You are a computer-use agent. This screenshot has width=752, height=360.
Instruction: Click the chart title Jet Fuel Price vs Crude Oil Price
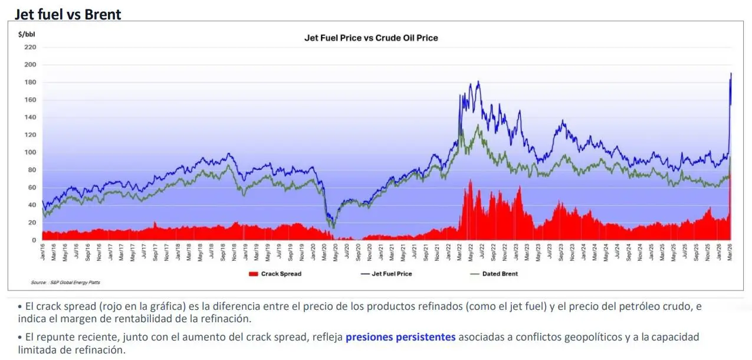click(370, 38)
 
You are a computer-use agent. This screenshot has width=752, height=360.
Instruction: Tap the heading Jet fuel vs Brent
click(68, 14)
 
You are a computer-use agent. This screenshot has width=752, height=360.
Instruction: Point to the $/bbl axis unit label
click(27, 34)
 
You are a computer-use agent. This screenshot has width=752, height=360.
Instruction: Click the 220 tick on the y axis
click(30, 47)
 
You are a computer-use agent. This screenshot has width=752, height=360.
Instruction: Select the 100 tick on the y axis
click(30, 152)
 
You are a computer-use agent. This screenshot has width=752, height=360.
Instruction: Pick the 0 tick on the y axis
click(34, 240)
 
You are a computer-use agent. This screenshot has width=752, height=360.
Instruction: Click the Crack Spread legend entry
click(275, 274)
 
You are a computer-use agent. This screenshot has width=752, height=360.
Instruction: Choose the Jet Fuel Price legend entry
click(386, 274)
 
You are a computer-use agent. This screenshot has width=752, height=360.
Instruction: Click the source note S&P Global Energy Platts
click(65, 283)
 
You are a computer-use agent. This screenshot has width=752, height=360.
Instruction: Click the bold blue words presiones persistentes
click(400, 338)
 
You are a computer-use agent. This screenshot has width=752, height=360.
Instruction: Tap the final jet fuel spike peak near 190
click(731, 74)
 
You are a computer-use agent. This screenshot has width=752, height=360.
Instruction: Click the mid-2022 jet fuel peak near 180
click(478, 82)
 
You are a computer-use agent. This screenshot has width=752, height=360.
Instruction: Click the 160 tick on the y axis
click(30, 100)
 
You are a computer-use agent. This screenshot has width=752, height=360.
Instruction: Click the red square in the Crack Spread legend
click(254, 274)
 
